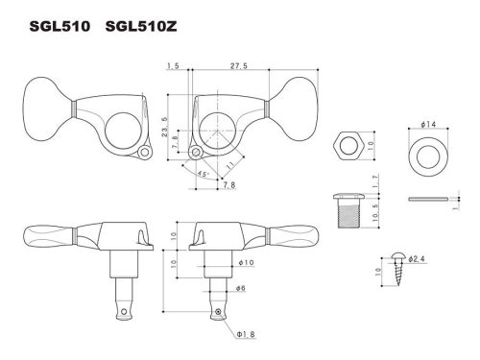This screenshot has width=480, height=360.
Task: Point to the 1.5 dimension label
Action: tap(174, 66)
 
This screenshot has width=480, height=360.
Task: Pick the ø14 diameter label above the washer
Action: tap(428, 126)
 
